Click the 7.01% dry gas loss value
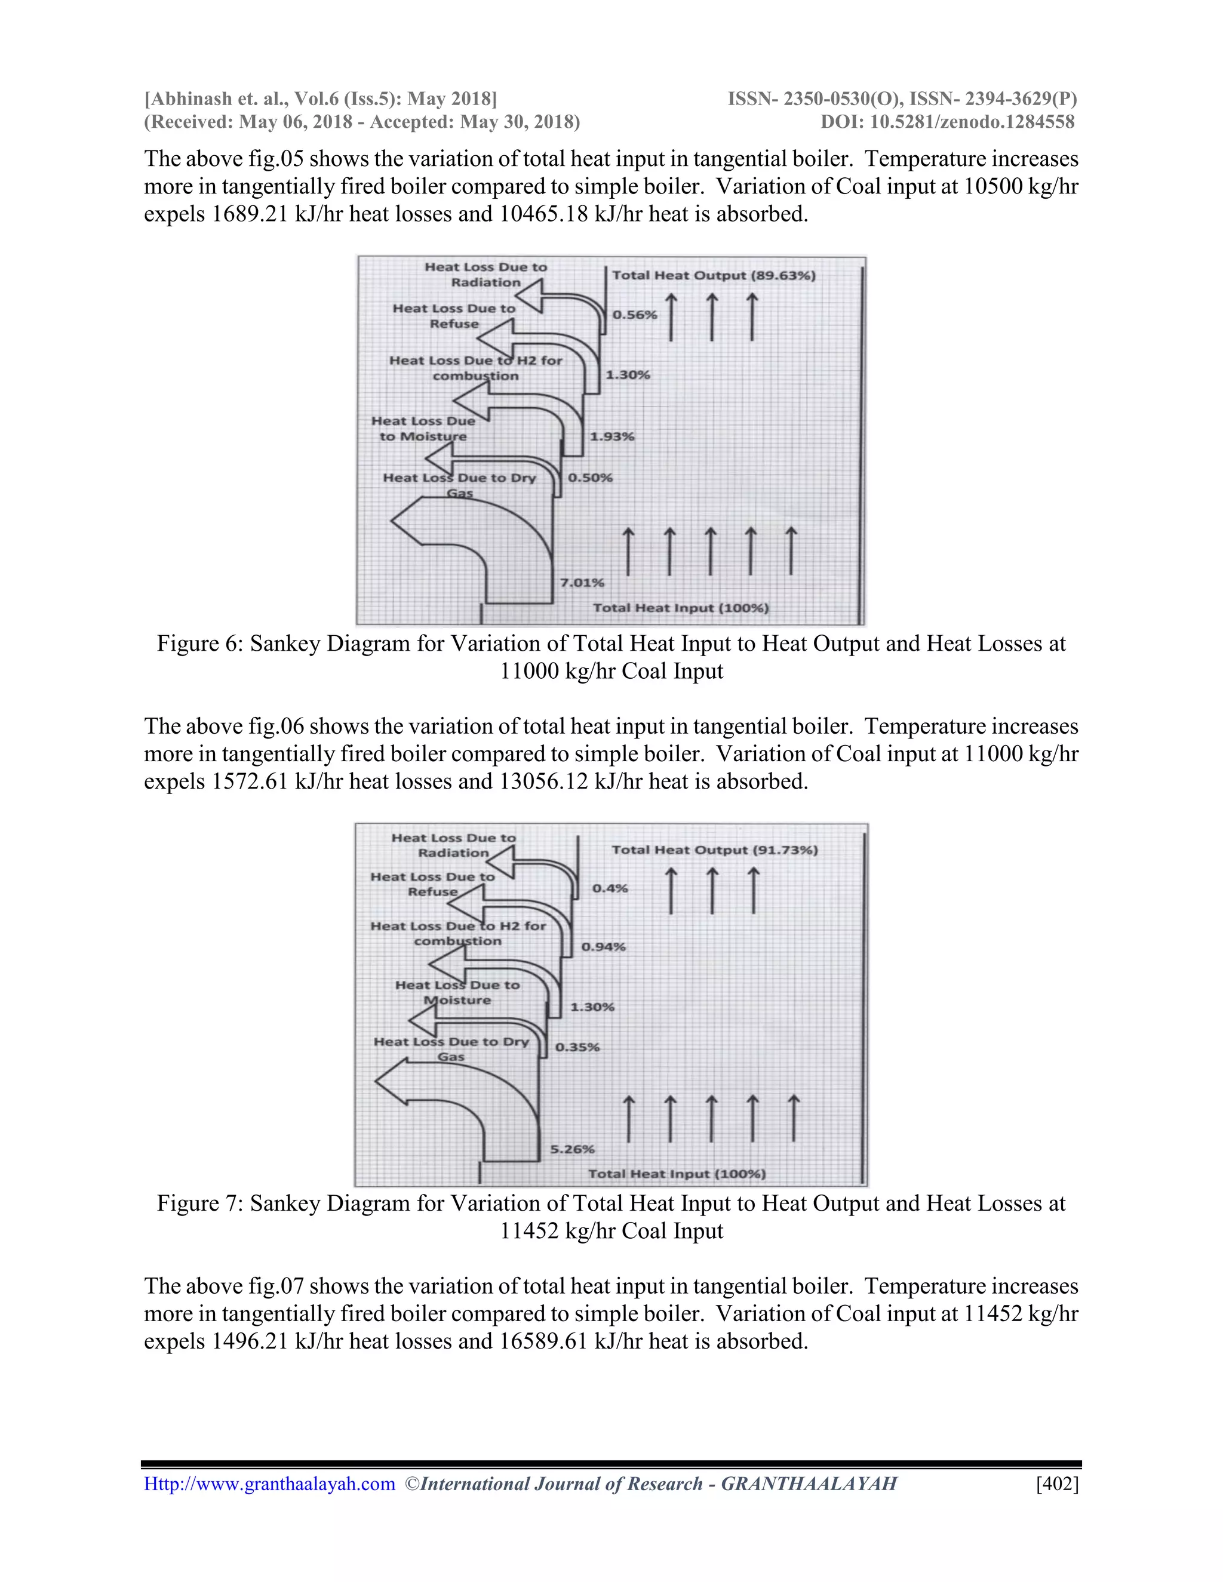point(582,583)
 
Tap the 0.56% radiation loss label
point(635,315)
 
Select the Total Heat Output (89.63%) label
point(714,275)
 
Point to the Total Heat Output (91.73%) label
point(714,850)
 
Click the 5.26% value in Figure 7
point(572,1149)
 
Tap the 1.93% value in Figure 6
point(611,437)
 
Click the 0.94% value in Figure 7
point(603,947)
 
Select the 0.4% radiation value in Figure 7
point(610,888)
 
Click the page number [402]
point(1057,1484)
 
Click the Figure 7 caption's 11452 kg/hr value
point(558,1231)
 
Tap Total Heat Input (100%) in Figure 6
point(680,608)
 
